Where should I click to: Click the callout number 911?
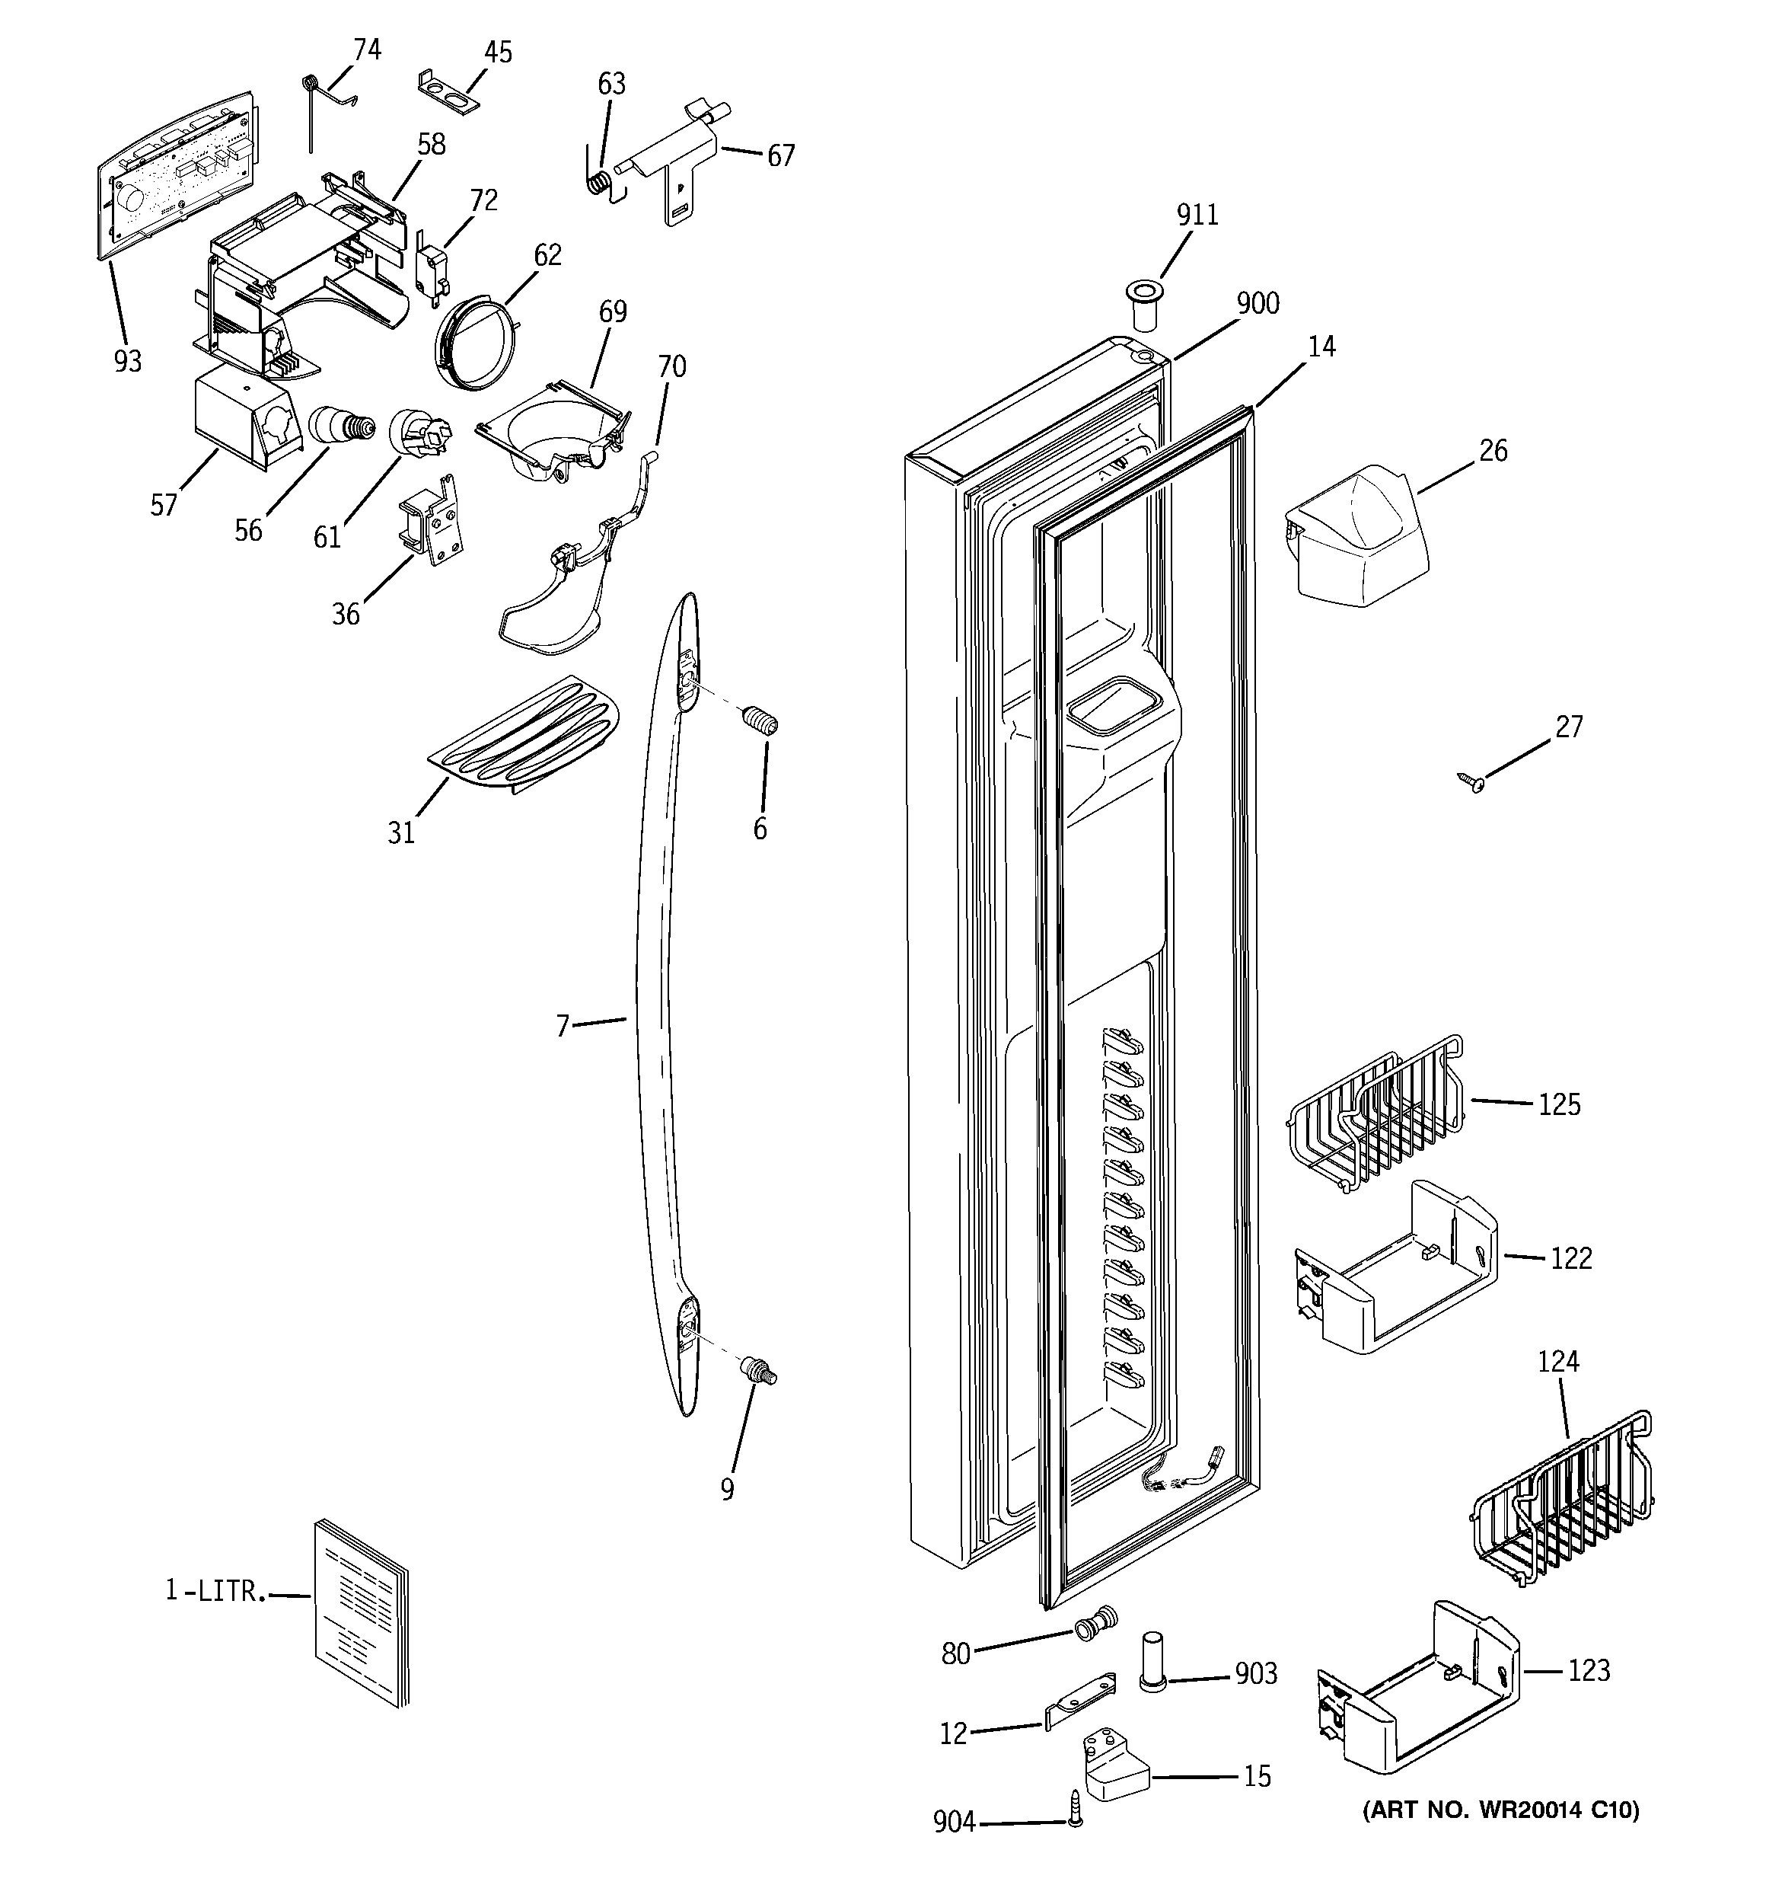tap(1197, 216)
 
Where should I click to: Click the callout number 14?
tap(1321, 347)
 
